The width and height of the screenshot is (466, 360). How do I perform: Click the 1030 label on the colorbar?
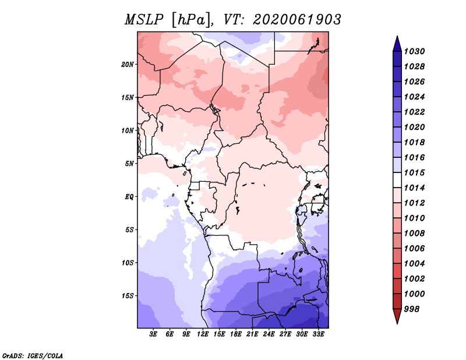click(415, 51)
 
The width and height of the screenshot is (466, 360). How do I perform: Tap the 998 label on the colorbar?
click(412, 309)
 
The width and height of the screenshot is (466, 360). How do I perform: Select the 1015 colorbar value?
click(415, 172)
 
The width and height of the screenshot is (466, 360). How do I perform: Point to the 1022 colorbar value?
click(415, 112)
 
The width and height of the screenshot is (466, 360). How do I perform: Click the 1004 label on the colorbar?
click(415, 264)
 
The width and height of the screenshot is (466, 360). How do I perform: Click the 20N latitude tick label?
click(128, 65)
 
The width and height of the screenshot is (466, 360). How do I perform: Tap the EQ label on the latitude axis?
click(129, 197)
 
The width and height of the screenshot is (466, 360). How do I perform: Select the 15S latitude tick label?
click(128, 296)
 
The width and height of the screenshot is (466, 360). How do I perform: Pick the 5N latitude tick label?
click(129, 164)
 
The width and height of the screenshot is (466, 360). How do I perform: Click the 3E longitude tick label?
click(153, 334)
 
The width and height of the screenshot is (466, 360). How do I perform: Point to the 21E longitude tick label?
click(252, 334)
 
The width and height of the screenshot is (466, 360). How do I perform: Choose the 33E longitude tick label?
click(318, 334)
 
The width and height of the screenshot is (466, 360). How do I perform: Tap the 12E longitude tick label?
click(203, 334)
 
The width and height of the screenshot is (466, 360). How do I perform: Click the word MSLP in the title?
click(144, 20)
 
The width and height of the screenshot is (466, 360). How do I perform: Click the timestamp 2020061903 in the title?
click(297, 20)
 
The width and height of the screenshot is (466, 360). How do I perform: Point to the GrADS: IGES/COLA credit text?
click(33, 356)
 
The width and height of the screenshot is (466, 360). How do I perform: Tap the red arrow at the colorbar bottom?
click(397, 315)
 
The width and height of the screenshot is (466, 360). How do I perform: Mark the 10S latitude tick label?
click(128, 263)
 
